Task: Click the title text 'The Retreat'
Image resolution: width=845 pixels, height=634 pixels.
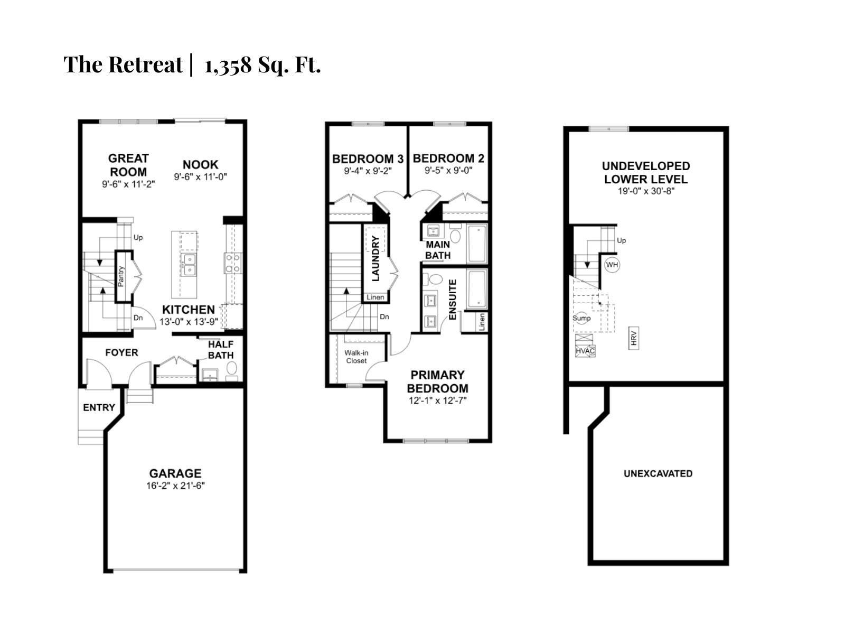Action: [x=123, y=64]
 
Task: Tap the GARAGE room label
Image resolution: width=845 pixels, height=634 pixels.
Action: [x=175, y=473]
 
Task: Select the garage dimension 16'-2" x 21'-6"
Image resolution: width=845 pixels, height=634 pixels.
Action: [x=175, y=486]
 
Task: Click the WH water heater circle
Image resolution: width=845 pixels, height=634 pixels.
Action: [x=612, y=265]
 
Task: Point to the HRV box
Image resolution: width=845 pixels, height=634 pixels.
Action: [x=634, y=338]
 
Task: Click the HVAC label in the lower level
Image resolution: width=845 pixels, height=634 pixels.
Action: [x=585, y=351]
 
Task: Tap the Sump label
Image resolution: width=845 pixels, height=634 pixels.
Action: [x=581, y=318]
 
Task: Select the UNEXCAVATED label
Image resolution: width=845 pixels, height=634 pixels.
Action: [x=658, y=473]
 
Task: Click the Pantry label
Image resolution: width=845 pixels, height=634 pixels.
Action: [x=121, y=276]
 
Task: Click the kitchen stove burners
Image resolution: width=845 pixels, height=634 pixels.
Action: [x=233, y=263]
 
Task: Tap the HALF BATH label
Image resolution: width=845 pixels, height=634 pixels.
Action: [x=220, y=350]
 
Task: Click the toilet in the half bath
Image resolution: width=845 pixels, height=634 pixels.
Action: [x=231, y=368]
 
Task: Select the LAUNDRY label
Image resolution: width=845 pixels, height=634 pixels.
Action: [x=375, y=258]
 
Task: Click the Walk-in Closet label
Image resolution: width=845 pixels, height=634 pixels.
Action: [x=356, y=357]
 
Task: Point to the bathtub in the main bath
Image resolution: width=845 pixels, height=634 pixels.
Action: [x=476, y=244]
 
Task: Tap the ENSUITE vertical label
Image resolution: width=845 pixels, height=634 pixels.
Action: [x=453, y=300]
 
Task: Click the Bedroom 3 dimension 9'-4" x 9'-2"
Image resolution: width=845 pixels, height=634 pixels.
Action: [x=368, y=171]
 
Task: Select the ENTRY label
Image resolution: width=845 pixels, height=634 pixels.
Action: [x=99, y=407]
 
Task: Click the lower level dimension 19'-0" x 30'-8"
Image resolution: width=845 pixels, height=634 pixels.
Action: [x=646, y=191]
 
